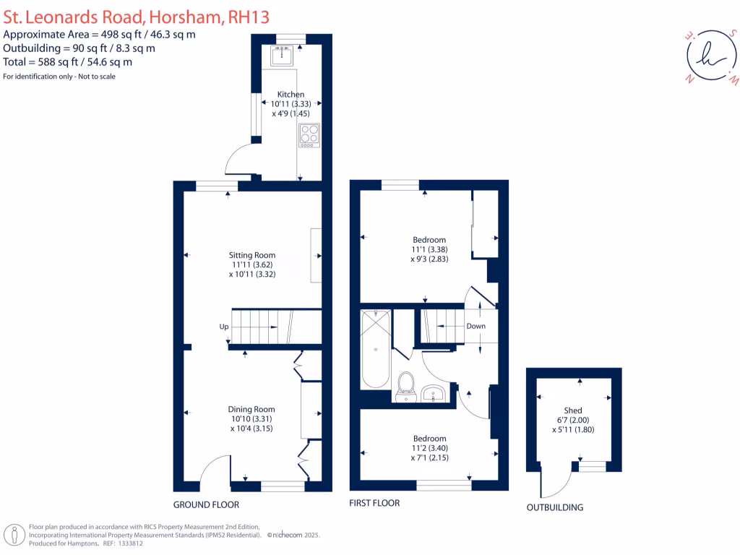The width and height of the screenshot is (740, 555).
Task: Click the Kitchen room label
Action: (291, 95)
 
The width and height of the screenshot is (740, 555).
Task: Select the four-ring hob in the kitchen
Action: (309, 135)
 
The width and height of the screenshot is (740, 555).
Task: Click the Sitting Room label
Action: (252, 255)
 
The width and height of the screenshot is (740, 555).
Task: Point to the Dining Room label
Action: (252, 409)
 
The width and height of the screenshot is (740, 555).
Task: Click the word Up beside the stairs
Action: (224, 327)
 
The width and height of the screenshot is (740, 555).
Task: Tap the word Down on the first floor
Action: (476, 326)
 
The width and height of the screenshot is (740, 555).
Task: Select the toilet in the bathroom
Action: (405, 384)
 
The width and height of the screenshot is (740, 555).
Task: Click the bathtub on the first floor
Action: (376, 348)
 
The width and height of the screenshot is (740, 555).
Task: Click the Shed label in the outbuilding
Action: (573, 410)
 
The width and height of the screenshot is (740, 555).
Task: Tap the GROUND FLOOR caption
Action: (206, 504)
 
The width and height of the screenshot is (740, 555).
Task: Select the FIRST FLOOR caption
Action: (374, 503)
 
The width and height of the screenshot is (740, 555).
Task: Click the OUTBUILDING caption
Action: (554, 507)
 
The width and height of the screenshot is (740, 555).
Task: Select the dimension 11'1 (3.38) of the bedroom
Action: (429, 249)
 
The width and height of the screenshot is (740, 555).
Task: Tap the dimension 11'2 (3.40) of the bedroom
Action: (429, 448)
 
